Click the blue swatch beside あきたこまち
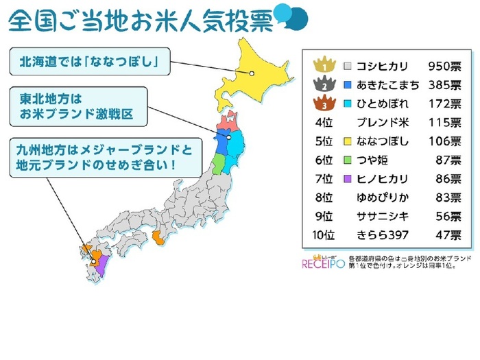348,86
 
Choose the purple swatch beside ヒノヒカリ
348,180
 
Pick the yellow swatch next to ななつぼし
348,142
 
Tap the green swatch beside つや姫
348,161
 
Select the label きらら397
384,235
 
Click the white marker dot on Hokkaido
252,73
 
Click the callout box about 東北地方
78,106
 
